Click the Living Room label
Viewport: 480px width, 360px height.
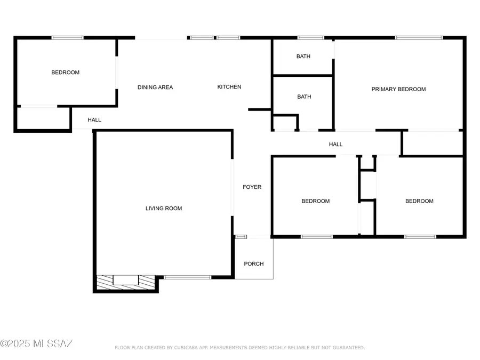tap(164, 209)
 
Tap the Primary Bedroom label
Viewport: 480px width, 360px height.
tap(398, 90)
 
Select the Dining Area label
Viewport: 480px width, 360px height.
tap(155, 87)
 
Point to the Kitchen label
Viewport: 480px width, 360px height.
tap(229, 87)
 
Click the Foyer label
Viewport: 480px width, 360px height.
tap(252, 187)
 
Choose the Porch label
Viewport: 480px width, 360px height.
tap(254, 264)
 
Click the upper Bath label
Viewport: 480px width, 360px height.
tap(303, 57)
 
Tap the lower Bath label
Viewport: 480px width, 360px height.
tap(305, 97)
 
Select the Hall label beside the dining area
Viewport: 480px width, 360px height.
tap(94, 120)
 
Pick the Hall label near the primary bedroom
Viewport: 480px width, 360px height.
tap(336, 145)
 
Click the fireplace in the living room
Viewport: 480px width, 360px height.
tap(125, 282)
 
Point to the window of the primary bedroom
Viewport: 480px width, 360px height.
tap(419, 38)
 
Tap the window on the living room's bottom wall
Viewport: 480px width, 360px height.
tap(187, 277)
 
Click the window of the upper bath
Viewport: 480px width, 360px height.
tap(311, 38)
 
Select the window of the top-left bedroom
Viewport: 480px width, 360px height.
tap(67, 38)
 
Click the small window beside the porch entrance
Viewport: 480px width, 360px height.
tap(241, 237)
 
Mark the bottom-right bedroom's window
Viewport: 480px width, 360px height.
tap(420, 237)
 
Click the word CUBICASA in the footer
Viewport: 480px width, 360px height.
tap(186, 348)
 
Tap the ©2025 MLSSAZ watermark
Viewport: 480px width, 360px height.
tap(36, 343)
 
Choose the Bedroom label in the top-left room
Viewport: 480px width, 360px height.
tap(65, 73)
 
